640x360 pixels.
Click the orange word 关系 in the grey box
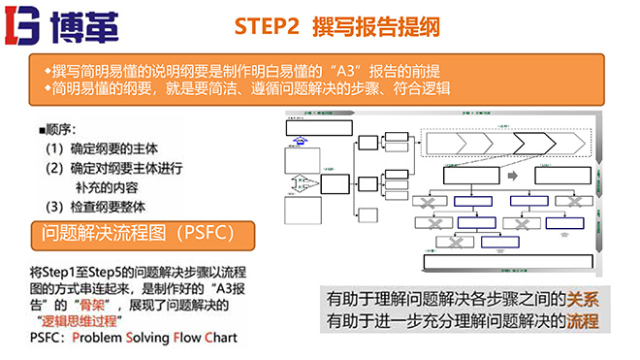point(581,300)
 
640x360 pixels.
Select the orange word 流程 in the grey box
point(581,320)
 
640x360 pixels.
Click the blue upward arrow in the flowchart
point(301,141)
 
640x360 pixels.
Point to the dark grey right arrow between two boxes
point(512,176)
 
